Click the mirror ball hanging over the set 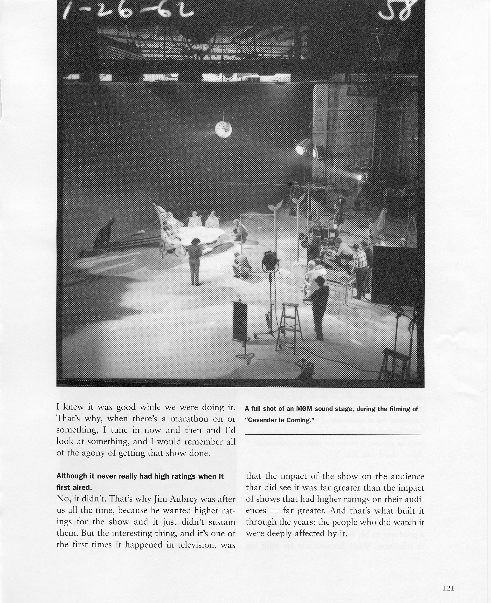click(223, 129)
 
